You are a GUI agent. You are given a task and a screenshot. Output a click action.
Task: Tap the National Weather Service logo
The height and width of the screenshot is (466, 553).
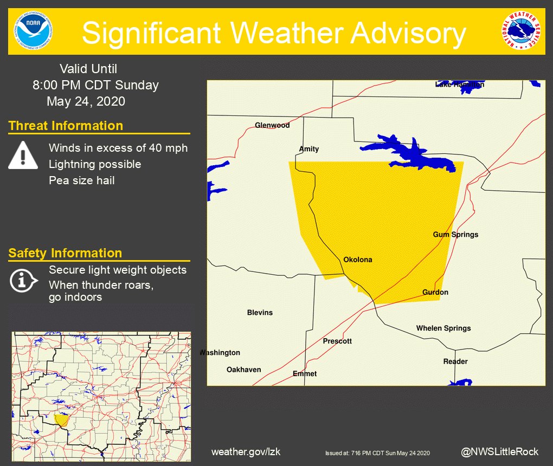(520, 31)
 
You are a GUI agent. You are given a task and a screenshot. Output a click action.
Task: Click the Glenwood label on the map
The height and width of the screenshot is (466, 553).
(272, 125)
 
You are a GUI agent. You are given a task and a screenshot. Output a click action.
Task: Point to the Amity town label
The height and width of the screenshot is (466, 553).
(309, 149)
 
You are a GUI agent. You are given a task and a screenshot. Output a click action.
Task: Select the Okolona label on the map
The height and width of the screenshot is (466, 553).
(358, 260)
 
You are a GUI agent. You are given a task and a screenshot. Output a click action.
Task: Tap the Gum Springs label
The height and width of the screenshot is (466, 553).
(455, 235)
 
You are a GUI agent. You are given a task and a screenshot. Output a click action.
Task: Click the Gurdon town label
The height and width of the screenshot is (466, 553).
(435, 292)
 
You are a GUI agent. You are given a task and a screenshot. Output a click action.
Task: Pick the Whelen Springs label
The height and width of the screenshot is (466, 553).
(443, 328)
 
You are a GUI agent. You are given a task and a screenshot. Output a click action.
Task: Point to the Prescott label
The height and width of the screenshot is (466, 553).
(337, 341)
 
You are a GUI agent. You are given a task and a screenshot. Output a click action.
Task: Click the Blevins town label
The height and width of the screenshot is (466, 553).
(260, 312)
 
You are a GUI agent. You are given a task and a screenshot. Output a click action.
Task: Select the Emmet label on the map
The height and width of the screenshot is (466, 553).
(305, 373)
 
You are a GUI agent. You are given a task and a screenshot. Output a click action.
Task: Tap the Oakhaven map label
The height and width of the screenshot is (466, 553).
(243, 370)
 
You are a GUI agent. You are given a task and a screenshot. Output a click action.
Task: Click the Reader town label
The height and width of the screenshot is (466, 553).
(455, 361)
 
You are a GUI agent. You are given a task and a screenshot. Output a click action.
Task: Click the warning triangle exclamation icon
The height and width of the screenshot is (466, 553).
(23, 155)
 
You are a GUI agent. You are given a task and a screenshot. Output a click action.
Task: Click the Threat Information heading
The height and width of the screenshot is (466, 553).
(66, 126)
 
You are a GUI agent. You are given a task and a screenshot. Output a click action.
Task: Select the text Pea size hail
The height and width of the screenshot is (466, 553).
(81, 180)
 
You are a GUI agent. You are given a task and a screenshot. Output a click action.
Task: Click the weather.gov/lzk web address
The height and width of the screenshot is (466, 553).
(246, 451)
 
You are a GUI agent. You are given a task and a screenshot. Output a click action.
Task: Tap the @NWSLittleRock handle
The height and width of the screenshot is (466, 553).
(500, 451)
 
